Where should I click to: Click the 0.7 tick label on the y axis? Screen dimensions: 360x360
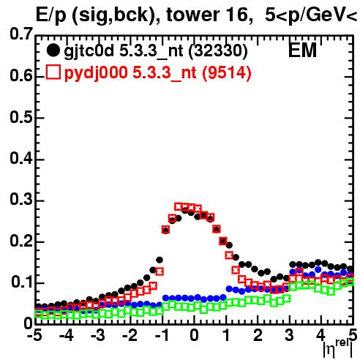tap(21, 34)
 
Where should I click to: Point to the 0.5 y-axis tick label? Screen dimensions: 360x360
tap(21, 117)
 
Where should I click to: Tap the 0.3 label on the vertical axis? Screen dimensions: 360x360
tap(21, 199)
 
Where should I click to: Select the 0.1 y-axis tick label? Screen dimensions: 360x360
tap(22, 282)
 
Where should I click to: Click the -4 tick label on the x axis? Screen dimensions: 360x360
tap(67, 336)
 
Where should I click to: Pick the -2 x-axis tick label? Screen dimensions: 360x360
tap(130, 336)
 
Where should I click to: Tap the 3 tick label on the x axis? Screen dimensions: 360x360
tap(289, 336)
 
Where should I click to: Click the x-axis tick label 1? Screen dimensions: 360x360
tap(227, 336)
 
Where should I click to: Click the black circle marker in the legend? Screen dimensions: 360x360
tap(53, 50)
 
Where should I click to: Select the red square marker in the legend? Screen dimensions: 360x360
tap(53, 72)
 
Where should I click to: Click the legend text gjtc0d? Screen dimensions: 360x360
tap(89, 51)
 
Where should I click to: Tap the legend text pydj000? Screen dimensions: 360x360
tap(96, 72)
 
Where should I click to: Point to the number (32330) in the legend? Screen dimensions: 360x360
tap(218, 51)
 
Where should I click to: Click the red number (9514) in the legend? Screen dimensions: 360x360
tap(227, 72)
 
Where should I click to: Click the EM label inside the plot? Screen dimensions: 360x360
tap(302, 50)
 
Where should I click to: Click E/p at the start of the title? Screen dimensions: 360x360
tap(51, 15)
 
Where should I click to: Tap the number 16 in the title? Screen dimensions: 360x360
tap(239, 15)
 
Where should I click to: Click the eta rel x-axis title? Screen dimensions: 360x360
tap(338, 349)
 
